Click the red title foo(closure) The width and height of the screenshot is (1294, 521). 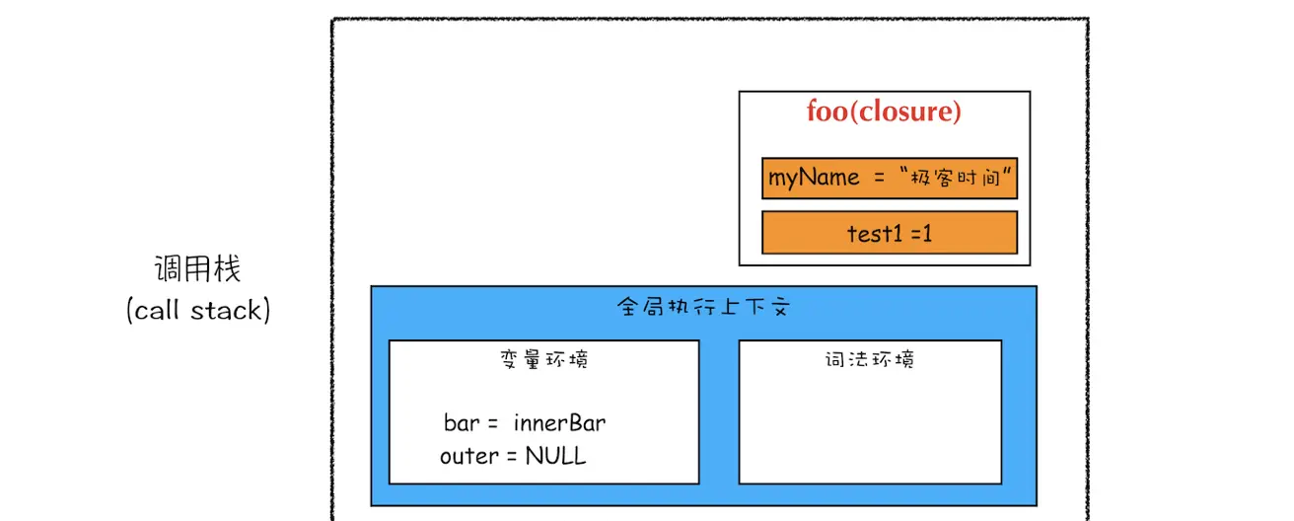tap(884, 112)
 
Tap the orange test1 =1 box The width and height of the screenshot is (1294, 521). tap(889, 233)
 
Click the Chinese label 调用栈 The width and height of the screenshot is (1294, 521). tap(198, 268)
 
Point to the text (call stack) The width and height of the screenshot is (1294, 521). tap(198, 310)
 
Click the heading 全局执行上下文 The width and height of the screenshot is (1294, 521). tap(703, 307)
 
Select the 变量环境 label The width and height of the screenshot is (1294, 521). tap(544, 359)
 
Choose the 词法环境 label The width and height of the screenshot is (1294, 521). tap(870, 359)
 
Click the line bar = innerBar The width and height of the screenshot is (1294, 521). tap(525, 423)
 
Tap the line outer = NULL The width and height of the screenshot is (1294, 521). tap(513, 456)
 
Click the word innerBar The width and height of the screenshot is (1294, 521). tap(559, 423)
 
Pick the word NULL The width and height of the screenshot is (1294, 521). tap(555, 456)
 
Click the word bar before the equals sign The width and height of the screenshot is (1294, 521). tap(461, 423)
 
